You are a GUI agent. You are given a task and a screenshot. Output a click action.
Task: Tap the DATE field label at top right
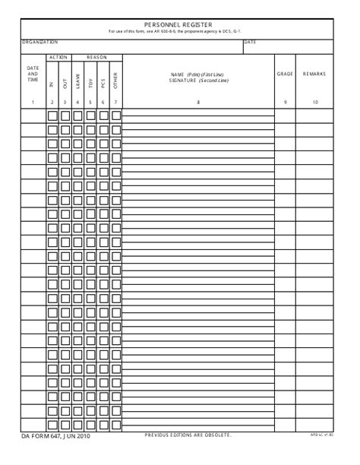coord(251,42)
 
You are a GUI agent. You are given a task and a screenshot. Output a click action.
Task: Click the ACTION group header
coord(58,57)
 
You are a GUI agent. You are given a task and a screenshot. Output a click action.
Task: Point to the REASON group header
coord(96,57)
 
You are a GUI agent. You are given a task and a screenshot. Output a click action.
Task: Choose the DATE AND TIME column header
coord(33,74)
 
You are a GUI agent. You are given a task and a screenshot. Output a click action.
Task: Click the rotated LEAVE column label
coord(77,79)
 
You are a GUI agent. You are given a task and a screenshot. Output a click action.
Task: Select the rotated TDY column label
coord(90,79)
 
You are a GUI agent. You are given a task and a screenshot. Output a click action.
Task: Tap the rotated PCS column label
coord(103,79)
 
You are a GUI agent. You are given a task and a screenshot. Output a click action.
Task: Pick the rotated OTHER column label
coord(115,79)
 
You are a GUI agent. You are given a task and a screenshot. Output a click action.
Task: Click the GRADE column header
coord(285,74)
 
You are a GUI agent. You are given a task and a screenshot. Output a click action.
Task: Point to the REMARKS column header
coord(314,74)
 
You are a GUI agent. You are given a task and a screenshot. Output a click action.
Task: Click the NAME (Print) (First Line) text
coord(197,74)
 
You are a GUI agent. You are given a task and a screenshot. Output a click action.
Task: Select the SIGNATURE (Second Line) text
coord(197,80)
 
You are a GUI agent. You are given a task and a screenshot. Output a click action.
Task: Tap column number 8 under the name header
coord(197,102)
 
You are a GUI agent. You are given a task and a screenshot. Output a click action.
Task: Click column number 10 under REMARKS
coord(314,102)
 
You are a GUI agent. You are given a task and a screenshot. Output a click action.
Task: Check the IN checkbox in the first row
coord(52,115)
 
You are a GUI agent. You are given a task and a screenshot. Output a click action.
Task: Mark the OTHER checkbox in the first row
coord(115,115)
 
